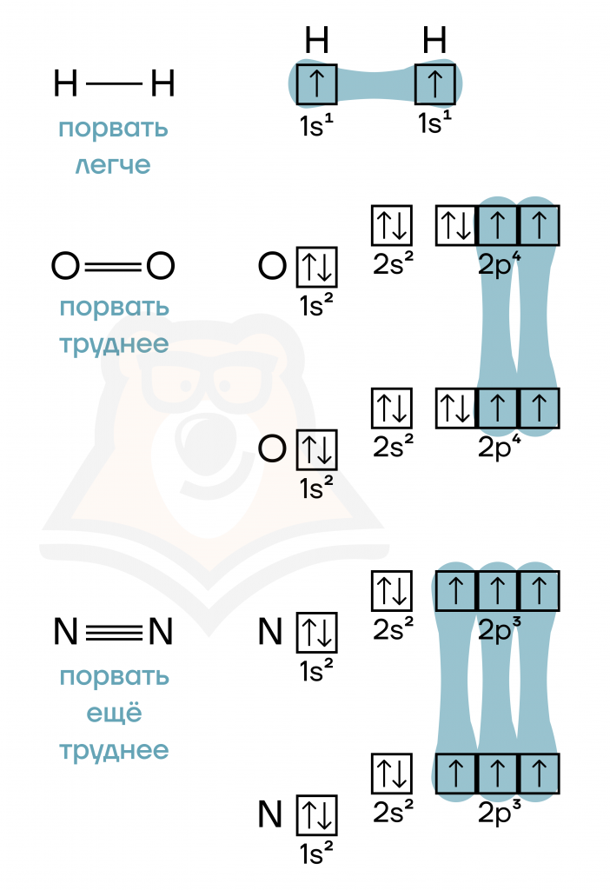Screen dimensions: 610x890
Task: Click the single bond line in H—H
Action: pyautogui.click(x=114, y=84)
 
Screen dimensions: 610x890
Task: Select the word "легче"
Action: pyautogui.click(x=113, y=165)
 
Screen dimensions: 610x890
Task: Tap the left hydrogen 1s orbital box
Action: pyautogui.click(x=316, y=84)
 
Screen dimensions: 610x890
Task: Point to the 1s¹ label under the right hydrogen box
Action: pyautogui.click(x=434, y=123)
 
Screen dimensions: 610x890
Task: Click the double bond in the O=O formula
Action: pyautogui.click(x=113, y=266)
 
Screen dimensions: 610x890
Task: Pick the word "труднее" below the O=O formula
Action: pyautogui.click(x=114, y=344)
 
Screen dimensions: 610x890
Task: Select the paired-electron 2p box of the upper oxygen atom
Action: pyautogui.click(x=456, y=225)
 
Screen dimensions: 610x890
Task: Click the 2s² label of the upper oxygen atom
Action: pyautogui.click(x=393, y=263)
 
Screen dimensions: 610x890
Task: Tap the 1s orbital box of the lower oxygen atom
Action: pyautogui.click(x=316, y=450)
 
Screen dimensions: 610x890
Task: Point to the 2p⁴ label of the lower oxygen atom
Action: pyautogui.click(x=499, y=447)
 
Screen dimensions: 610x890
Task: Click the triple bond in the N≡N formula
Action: pyautogui.click(x=114, y=632)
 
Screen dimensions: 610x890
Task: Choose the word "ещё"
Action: pyautogui.click(x=114, y=713)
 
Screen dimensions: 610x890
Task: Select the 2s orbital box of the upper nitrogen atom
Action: pyautogui.click(x=392, y=591)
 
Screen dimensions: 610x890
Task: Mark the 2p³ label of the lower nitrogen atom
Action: pyautogui.click(x=499, y=813)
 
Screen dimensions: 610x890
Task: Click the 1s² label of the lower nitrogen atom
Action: pyautogui.click(x=316, y=853)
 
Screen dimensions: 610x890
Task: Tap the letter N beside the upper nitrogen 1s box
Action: pyautogui.click(x=270, y=632)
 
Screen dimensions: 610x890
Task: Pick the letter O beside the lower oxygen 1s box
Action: pyautogui.click(x=272, y=449)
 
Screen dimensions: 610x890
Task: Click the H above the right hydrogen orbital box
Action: pyautogui.click(x=434, y=40)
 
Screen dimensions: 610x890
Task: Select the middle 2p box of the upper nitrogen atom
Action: pyautogui.click(x=498, y=591)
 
